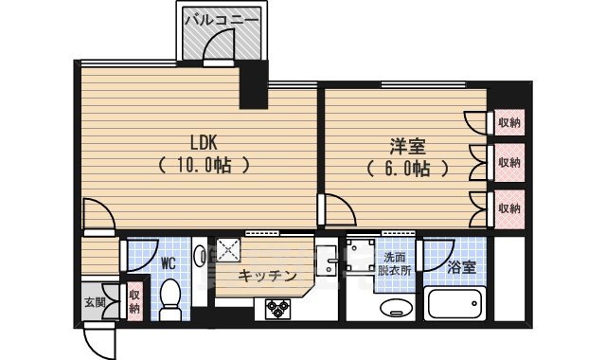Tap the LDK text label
pos(204,143)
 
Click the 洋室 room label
pos(407,147)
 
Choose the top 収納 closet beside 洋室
pos(509,123)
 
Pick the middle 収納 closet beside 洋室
pos(509,163)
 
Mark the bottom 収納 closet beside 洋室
pos(509,207)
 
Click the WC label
pos(169,261)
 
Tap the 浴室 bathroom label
pos(463,267)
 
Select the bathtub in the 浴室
pos(458,304)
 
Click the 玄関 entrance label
pos(94,302)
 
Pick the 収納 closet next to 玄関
pos(134,302)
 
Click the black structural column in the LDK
pos(254,86)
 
